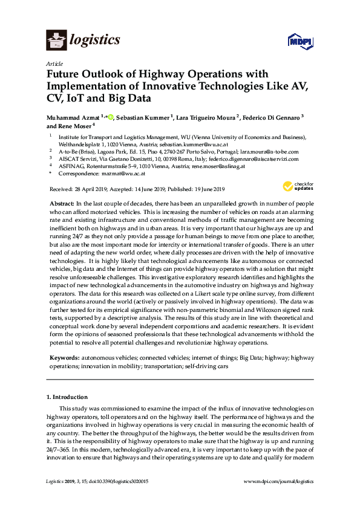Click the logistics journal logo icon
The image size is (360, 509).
click(56, 41)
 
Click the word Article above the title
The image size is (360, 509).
click(54, 63)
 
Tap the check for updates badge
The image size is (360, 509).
click(293, 186)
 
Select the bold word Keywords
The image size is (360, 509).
click(64, 358)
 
